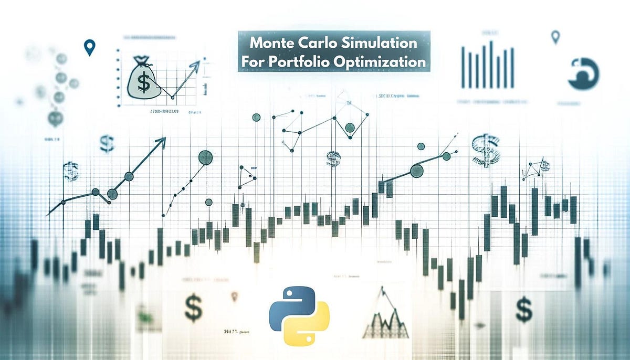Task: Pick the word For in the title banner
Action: click(x=254, y=61)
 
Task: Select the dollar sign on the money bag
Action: click(x=141, y=82)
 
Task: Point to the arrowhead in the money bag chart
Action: click(x=196, y=64)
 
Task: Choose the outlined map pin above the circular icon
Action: click(x=555, y=37)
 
